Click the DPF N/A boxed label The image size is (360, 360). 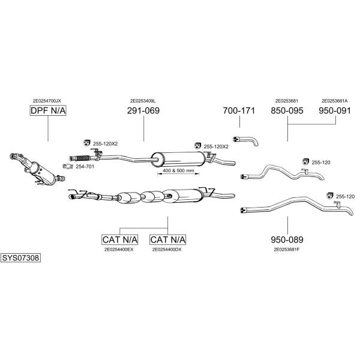click(x=48, y=110)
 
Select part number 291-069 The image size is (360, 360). click(x=143, y=110)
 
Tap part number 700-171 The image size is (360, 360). click(x=239, y=110)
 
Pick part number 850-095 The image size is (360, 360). click(x=287, y=110)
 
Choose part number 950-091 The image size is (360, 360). click(x=335, y=110)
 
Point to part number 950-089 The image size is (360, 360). click(x=287, y=239)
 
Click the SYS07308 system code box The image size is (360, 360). click(x=20, y=258)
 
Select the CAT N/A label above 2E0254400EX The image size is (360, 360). click(x=120, y=239)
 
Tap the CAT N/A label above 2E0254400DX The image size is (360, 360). click(x=168, y=239)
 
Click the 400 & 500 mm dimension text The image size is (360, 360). click(x=178, y=170)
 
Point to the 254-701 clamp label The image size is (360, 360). click(x=85, y=166)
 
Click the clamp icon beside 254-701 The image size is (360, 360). click(x=68, y=166)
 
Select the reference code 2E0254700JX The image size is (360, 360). click(x=47, y=101)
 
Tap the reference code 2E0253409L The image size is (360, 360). click(x=143, y=101)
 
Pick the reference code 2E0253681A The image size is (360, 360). click(x=335, y=101)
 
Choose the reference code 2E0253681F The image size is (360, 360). click(x=287, y=250)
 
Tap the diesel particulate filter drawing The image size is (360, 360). click(x=37, y=168)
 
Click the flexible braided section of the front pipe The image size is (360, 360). click(x=83, y=158)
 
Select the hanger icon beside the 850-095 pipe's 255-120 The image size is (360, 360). click(x=305, y=161)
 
